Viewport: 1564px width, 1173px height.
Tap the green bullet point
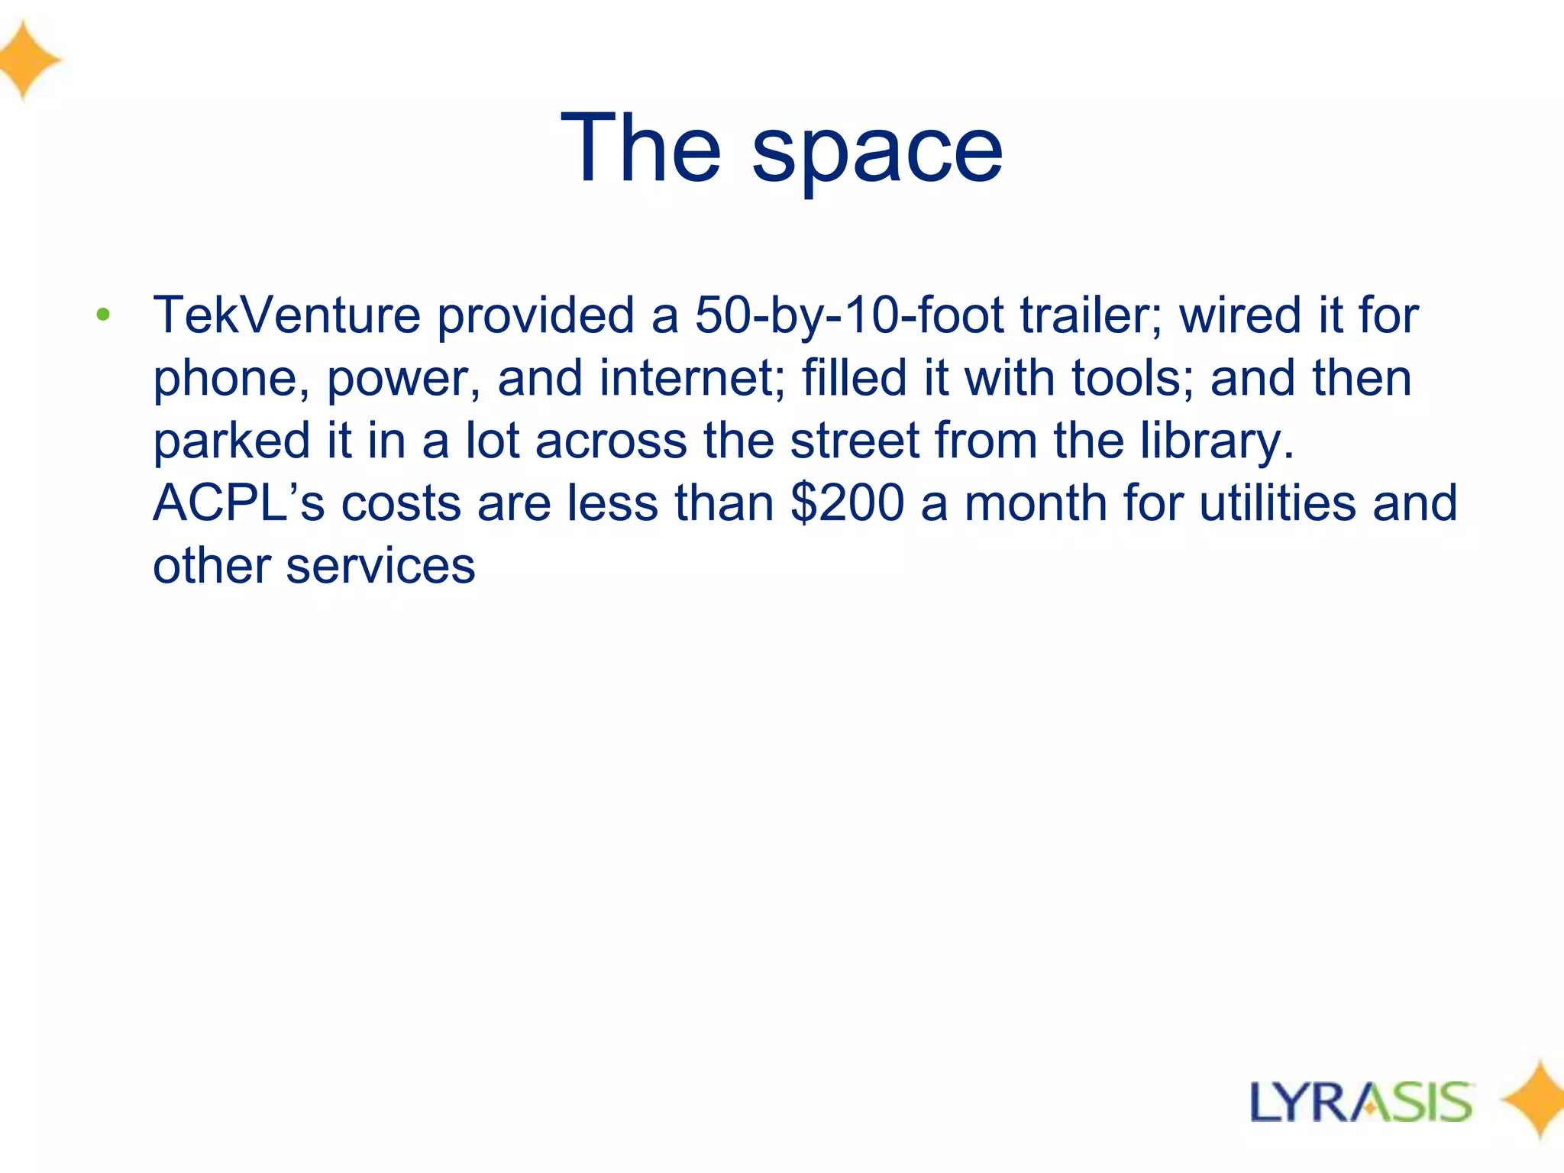(x=104, y=314)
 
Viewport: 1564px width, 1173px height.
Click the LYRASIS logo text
(x=1360, y=1102)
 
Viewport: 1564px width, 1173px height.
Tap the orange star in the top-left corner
(x=27, y=60)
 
